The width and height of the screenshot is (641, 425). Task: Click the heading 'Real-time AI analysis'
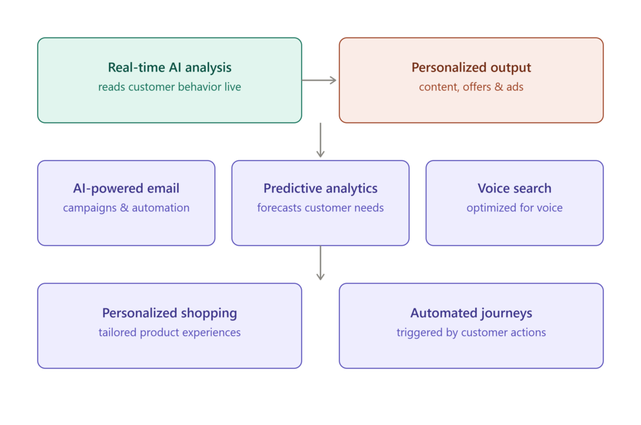click(x=170, y=68)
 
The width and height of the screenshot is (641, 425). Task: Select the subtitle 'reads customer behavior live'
click(x=170, y=87)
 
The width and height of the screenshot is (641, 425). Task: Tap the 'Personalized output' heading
click(x=471, y=68)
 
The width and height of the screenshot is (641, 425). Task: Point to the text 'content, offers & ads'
click(x=471, y=87)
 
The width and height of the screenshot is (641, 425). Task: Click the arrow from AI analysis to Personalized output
click(x=319, y=80)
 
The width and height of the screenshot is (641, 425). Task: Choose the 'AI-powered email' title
click(x=126, y=188)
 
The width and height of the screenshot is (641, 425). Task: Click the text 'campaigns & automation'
click(x=126, y=208)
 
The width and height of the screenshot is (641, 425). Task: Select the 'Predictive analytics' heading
click(x=320, y=188)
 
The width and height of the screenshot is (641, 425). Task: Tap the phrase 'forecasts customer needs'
click(x=320, y=207)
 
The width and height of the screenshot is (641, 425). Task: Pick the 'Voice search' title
click(x=515, y=188)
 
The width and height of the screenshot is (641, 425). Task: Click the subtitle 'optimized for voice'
click(x=515, y=208)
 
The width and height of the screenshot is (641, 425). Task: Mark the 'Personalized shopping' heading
click(x=170, y=313)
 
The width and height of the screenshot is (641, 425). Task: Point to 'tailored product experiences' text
click(x=170, y=332)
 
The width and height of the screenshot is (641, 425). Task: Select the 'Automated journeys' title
click(x=471, y=313)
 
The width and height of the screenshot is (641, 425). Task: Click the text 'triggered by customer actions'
click(x=471, y=332)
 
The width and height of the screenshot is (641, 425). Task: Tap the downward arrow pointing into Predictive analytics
click(x=320, y=140)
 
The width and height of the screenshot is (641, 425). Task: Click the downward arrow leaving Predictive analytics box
click(x=320, y=263)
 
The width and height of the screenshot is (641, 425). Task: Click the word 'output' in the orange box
click(x=511, y=68)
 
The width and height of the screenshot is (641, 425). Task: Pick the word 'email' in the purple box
click(x=163, y=188)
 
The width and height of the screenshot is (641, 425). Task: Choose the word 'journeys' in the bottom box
click(x=506, y=313)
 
